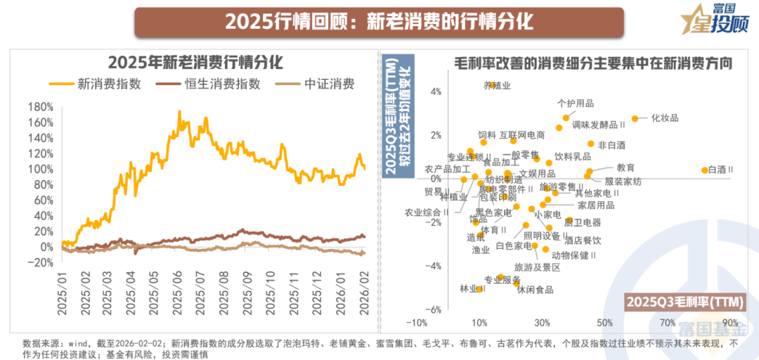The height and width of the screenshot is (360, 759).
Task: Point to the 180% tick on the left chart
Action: (x=40, y=107)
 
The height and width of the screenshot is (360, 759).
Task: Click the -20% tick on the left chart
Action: (x=40, y=262)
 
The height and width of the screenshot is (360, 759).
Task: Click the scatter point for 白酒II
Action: (x=705, y=170)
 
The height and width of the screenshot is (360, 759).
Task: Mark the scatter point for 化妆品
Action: (x=635, y=119)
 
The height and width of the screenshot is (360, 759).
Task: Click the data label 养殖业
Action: (x=498, y=85)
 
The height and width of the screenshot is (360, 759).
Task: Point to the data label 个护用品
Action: (x=576, y=103)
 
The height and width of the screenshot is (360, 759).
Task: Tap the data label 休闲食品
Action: (x=536, y=290)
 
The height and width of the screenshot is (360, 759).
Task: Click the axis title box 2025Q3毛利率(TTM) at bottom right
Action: (x=687, y=301)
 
